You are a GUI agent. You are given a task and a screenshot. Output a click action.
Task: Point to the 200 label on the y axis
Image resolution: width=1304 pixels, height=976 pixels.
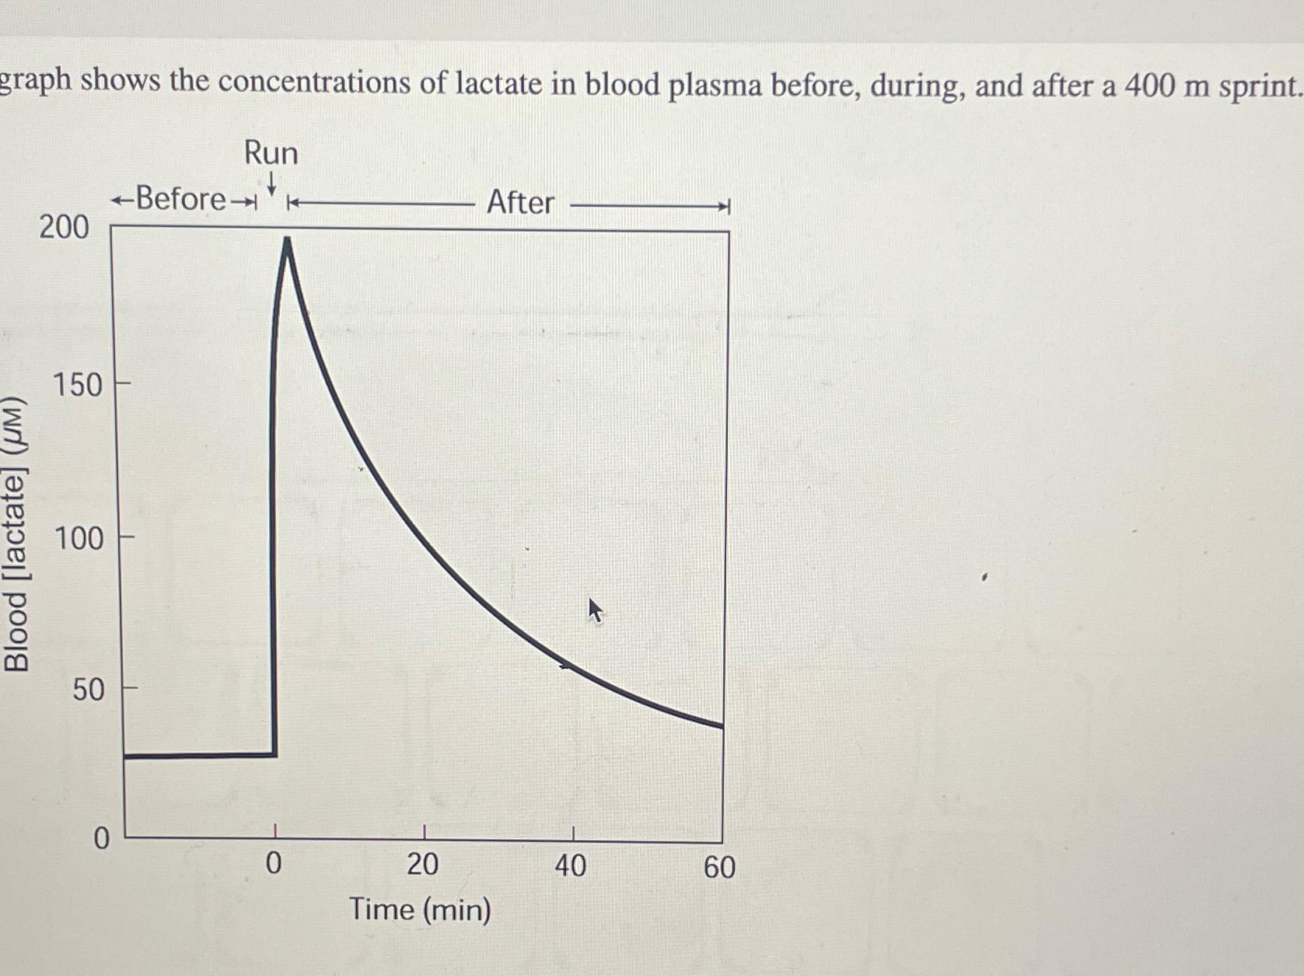(x=65, y=227)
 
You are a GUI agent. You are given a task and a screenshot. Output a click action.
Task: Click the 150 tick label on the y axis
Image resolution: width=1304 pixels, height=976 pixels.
(x=78, y=385)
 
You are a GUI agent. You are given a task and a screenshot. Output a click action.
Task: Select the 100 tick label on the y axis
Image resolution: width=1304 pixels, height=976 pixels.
(x=79, y=538)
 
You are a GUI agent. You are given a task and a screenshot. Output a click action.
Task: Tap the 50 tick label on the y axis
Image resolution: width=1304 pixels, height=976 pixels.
(x=88, y=689)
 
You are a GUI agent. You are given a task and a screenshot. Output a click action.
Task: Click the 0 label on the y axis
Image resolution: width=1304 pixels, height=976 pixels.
(x=102, y=839)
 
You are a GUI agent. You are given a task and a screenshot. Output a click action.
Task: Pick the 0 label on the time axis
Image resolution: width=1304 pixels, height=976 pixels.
(x=274, y=864)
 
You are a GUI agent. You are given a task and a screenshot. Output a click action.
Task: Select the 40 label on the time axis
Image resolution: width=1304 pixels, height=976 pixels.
(x=570, y=866)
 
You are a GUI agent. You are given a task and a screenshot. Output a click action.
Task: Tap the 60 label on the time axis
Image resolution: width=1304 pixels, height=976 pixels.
(x=719, y=867)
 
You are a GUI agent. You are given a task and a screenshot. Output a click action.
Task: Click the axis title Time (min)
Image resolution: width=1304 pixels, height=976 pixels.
(x=420, y=909)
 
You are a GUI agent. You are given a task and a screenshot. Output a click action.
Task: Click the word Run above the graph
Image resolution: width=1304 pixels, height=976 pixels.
(x=271, y=152)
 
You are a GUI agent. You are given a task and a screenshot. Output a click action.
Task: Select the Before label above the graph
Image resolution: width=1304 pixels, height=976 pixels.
(x=180, y=199)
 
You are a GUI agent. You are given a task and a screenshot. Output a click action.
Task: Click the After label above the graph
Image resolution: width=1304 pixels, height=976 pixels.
(x=520, y=202)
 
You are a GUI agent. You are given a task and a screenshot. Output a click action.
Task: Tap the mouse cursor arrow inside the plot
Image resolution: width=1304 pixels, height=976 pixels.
(x=595, y=610)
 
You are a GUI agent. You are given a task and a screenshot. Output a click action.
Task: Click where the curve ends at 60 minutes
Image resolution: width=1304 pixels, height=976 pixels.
(x=722, y=726)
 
